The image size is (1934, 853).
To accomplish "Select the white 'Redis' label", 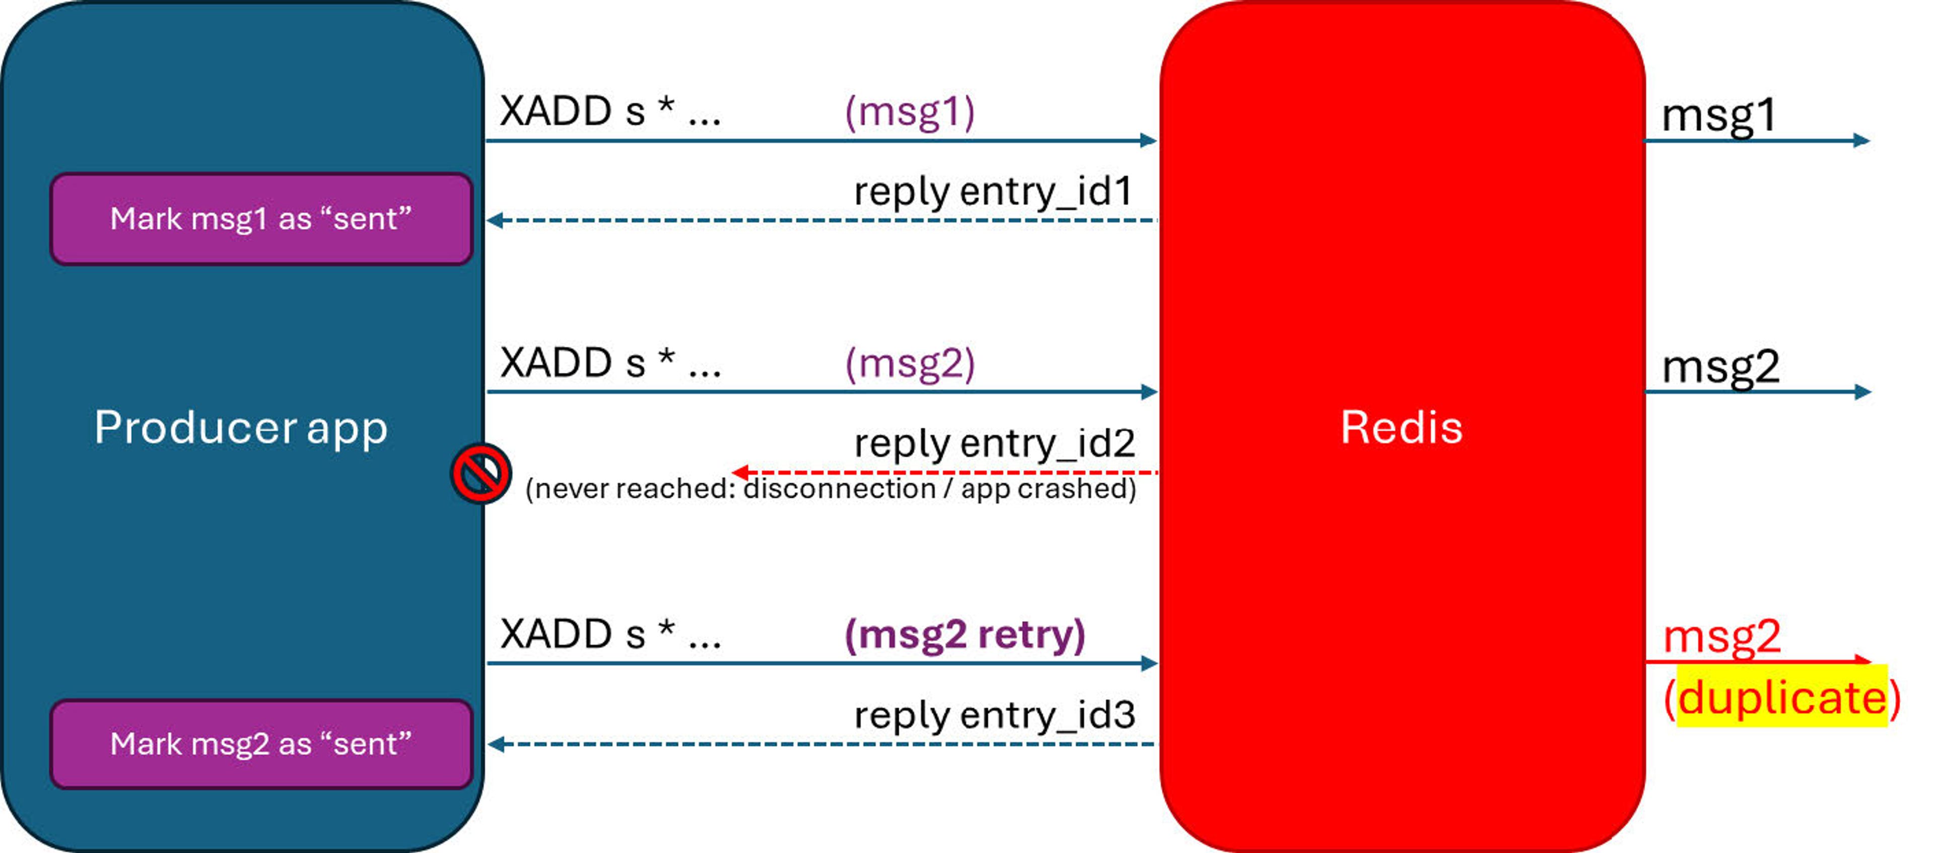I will pyautogui.click(x=1401, y=427).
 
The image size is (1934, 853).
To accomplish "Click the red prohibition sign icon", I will pyautogui.click(x=480, y=474).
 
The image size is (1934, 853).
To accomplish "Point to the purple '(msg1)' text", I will pyautogui.click(x=909, y=113).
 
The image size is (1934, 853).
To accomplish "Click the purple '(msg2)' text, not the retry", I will pyautogui.click(x=909, y=364).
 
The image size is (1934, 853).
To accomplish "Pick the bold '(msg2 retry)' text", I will pyautogui.click(x=965, y=635).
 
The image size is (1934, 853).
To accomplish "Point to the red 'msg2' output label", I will pyautogui.click(x=1721, y=637).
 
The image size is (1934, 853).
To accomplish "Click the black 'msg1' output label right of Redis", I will pyautogui.click(x=1718, y=116).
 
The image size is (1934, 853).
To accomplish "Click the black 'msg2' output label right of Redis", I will pyautogui.click(x=1720, y=367).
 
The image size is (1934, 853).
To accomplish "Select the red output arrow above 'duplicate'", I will pyautogui.click(x=1757, y=661).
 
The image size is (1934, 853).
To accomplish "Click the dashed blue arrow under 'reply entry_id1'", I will pyautogui.click(x=822, y=220).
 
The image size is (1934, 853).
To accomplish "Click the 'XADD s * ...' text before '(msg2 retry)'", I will pyautogui.click(x=609, y=634).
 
